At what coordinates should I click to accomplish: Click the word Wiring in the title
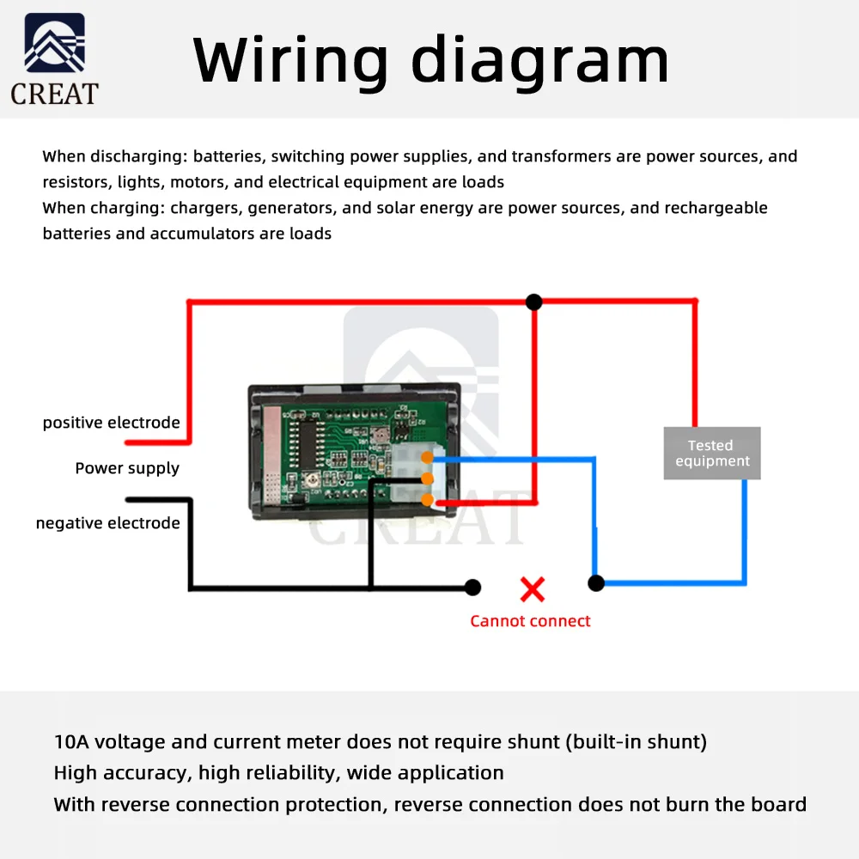[x=291, y=60]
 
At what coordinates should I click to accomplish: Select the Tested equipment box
[x=712, y=453]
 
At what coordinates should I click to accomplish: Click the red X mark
[x=533, y=589]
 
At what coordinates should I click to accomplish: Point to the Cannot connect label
[x=530, y=621]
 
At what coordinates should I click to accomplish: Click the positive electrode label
[x=112, y=423]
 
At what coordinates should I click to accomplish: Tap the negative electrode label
[x=108, y=523]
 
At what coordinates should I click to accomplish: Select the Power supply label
[x=127, y=468]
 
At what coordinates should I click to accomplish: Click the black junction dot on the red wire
[x=533, y=302]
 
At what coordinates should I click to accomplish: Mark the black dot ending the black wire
[x=472, y=588]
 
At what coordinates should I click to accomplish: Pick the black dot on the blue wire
[x=596, y=583]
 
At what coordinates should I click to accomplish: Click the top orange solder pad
[x=427, y=458]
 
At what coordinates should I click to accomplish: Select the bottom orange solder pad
[x=427, y=500]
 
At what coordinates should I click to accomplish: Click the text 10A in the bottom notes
[x=71, y=742]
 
